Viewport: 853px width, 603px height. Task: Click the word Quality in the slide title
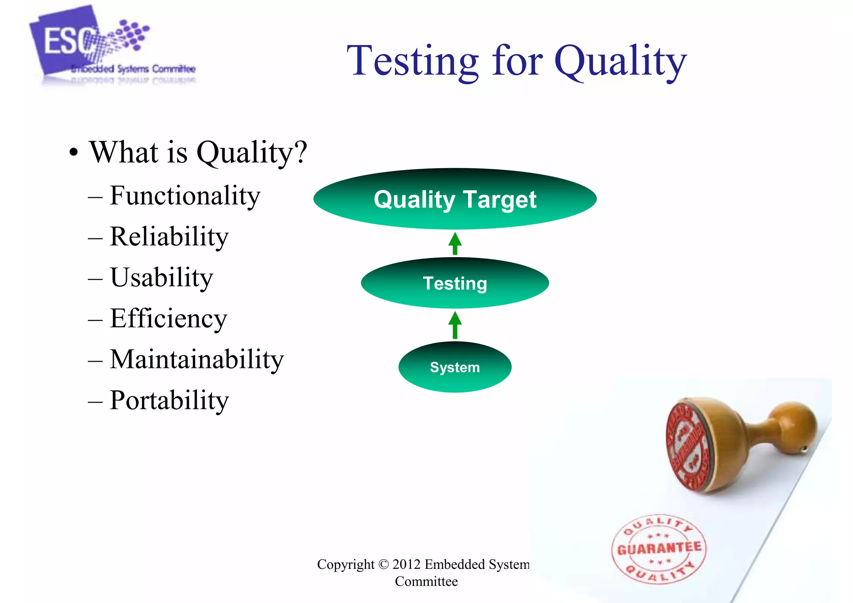pos(621,62)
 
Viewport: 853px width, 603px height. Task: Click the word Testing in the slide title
pos(412,62)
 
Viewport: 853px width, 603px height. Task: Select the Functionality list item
pos(185,196)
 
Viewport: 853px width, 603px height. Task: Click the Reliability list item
pos(169,237)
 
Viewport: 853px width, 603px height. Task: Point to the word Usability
pos(161,278)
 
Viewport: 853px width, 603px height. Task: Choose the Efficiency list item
pos(168,318)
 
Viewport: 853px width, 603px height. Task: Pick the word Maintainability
pos(196,359)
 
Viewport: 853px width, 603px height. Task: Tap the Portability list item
pos(169,400)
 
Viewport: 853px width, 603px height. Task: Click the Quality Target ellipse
pos(455,199)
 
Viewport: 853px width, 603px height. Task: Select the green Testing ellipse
pos(455,283)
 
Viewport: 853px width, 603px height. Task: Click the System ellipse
pos(455,367)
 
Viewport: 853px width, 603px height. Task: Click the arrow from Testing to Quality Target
pos(455,244)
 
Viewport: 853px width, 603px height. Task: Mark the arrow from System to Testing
pos(455,325)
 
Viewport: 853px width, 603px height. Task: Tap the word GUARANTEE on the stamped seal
pos(659,548)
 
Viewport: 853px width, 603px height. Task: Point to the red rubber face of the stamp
pos(689,446)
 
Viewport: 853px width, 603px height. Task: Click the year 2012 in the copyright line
pos(406,564)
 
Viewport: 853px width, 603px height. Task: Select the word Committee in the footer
pos(426,581)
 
